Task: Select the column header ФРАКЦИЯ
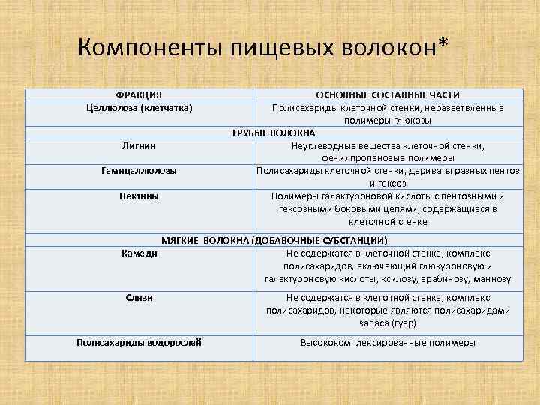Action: pos(139,95)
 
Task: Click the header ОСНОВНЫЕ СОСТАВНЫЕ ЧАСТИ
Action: pos(388,95)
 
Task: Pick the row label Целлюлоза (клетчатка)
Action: pos(139,108)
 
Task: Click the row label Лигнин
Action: pos(139,145)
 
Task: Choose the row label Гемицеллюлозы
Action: pos(139,171)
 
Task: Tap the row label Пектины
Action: pos(139,196)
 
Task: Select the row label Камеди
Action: pos(139,253)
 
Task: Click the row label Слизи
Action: pos(139,297)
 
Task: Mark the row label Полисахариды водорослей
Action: pos(139,343)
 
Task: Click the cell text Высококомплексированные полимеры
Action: pos(388,343)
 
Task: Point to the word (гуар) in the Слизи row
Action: pos(403,322)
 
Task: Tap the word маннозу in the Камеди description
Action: pos(493,278)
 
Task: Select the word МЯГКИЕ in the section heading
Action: pos(180,241)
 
